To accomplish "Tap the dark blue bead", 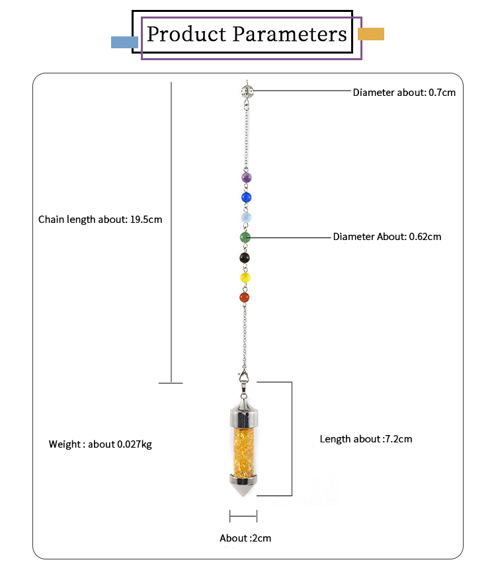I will tap(246, 197).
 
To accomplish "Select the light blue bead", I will tap(246, 217).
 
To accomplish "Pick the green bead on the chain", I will tap(245, 237).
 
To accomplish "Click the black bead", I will tap(245, 258).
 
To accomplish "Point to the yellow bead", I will tap(245, 278).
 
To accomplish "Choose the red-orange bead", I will tap(245, 298).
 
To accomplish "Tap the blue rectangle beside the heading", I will tap(124, 42).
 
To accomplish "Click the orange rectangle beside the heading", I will tap(370, 34).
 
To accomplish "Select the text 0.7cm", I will tap(442, 93).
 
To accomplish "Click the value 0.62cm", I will tap(425, 237).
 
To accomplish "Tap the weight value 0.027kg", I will tap(134, 444).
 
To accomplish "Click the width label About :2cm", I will tap(245, 538).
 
